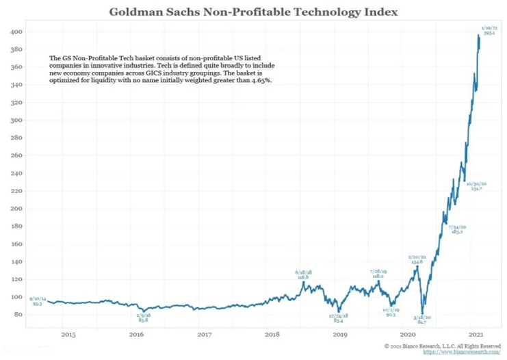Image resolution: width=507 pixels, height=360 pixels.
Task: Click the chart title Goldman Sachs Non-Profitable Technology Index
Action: [x=253, y=12]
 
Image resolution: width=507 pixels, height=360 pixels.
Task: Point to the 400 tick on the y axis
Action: [x=14, y=32]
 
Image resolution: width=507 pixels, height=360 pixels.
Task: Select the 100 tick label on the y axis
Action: [x=14, y=297]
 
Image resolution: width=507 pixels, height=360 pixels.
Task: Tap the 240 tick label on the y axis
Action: [x=14, y=173]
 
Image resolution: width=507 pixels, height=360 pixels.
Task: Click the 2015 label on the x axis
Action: [x=68, y=334]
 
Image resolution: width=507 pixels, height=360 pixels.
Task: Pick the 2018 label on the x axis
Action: [x=272, y=334]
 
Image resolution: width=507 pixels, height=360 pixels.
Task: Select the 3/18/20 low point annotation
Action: [x=419, y=319]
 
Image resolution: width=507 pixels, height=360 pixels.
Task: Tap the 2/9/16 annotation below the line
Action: [x=143, y=318]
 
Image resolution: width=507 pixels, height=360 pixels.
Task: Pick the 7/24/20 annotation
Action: [x=457, y=229]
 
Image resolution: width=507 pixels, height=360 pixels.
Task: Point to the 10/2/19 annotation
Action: [x=392, y=311]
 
